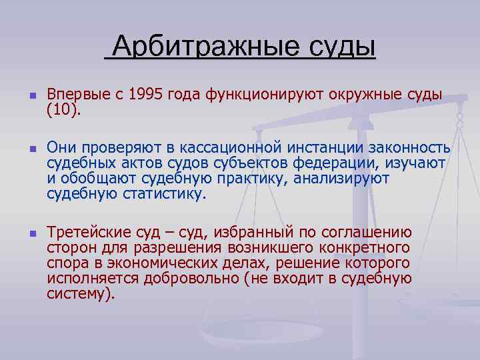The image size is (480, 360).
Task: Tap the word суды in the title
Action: click(342, 48)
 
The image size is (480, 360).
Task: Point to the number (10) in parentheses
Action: click(63, 109)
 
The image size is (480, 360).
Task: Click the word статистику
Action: click(165, 194)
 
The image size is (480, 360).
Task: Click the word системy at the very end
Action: click(79, 294)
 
